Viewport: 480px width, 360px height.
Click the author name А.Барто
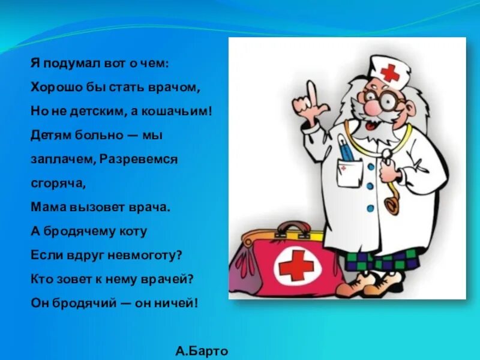coord(202,351)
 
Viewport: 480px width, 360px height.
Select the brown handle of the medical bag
coord(294,229)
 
